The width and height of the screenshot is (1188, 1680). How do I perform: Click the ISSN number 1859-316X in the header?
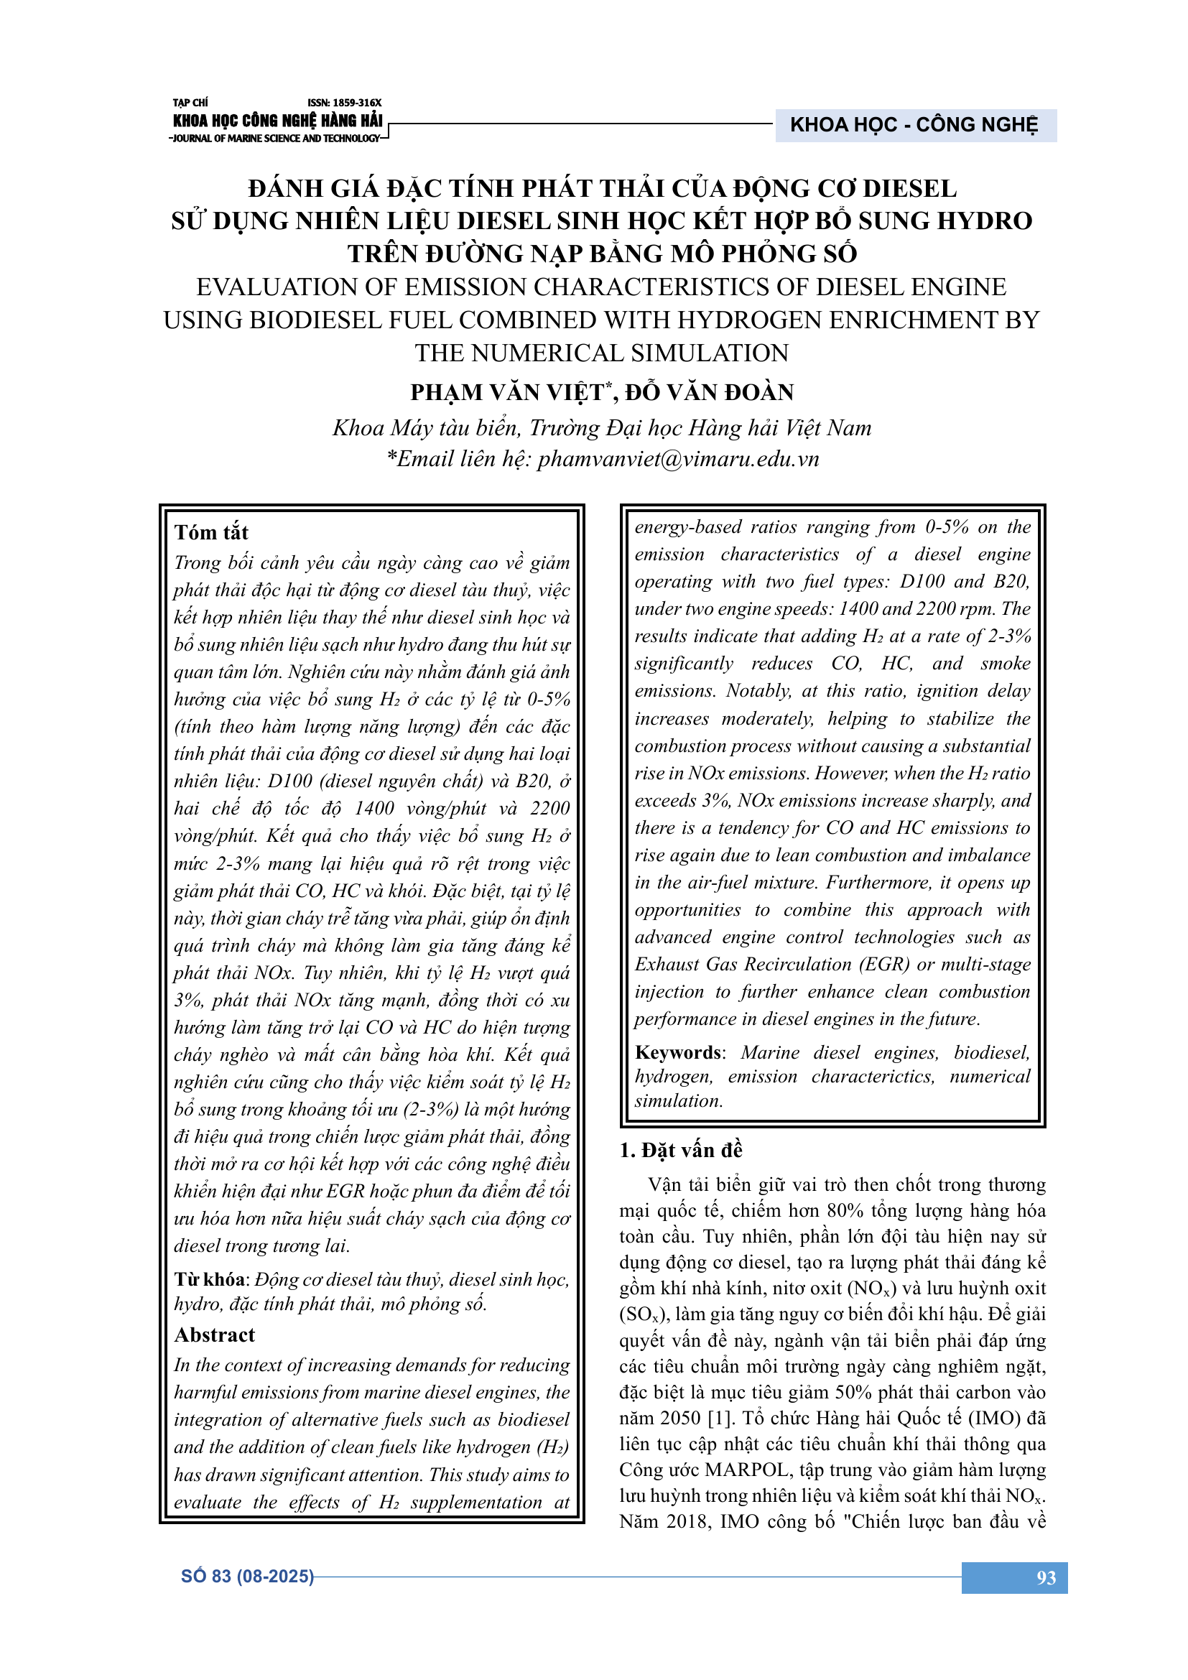tap(344, 103)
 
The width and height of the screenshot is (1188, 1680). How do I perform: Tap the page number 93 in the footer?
tap(1045, 1577)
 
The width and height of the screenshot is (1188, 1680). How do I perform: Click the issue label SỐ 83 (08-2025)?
tap(247, 1576)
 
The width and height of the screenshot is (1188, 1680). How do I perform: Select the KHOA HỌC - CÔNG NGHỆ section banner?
tap(914, 125)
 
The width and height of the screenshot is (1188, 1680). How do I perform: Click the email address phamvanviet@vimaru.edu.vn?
tap(678, 460)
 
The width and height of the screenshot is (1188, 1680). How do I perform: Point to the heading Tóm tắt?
tap(211, 533)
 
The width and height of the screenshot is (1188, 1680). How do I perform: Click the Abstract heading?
tap(214, 1335)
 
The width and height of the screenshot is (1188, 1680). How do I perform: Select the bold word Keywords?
tap(678, 1053)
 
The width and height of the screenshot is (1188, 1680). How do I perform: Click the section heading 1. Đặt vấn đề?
tap(680, 1150)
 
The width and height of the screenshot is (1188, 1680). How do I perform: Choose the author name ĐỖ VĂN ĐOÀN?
tap(709, 393)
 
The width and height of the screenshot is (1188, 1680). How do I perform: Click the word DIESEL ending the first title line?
tap(909, 189)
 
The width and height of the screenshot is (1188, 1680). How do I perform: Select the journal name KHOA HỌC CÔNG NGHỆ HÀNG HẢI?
tap(278, 121)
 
